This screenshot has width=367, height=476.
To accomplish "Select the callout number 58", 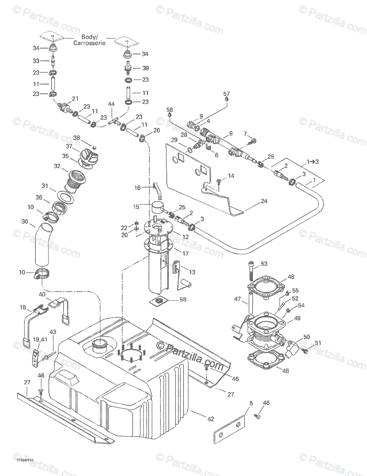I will (x=183, y=299).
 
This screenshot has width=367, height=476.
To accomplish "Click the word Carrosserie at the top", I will (x=89, y=43).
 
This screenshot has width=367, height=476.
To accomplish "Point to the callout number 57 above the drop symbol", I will (x=226, y=94).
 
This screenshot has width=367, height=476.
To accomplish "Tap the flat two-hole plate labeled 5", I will (x=229, y=430).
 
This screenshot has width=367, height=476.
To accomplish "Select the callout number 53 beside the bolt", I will (x=264, y=263).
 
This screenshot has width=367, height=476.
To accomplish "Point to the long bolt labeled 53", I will (x=251, y=273).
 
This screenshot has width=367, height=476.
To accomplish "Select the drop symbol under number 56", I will (x=170, y=115).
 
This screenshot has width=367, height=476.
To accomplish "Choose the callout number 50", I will (x=306, y=337).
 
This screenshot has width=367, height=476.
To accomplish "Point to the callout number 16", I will (x=137, y=188).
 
